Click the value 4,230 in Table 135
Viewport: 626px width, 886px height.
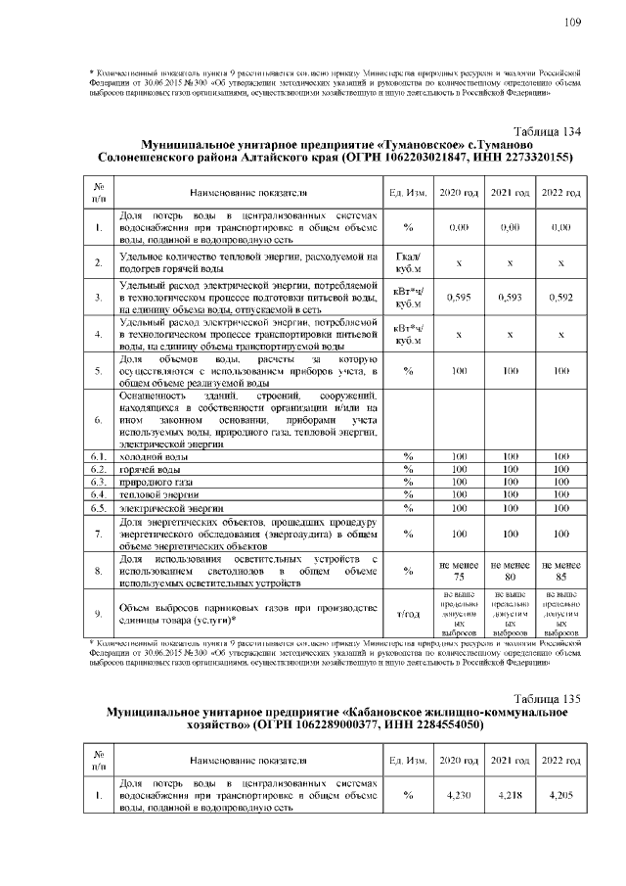click(x=459, y=796)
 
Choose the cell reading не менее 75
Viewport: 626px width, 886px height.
click(x=459, y=571)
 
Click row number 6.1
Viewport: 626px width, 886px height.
click(x=98, y=456)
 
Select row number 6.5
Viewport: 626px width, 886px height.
click(x=98, y=509)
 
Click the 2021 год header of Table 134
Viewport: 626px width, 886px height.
click(x=510, y=192)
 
